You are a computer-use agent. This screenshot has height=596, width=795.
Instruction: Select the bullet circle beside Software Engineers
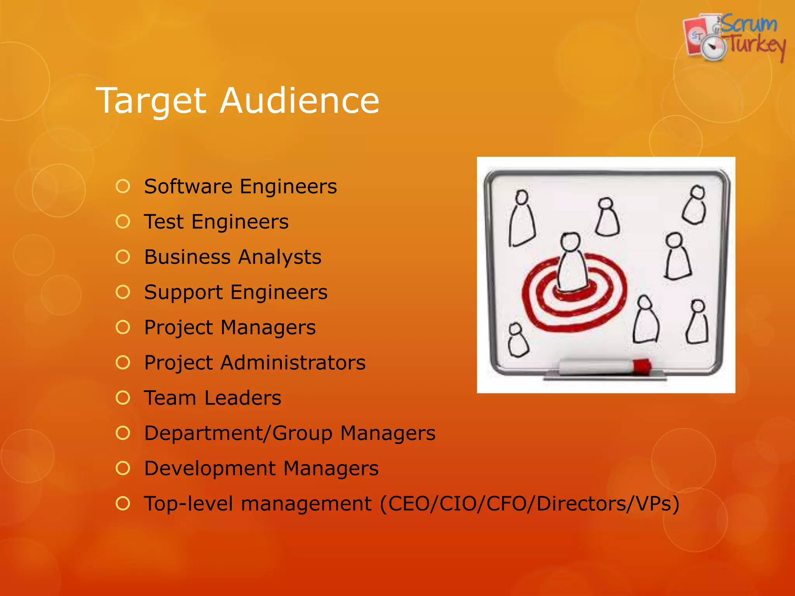(123, 186)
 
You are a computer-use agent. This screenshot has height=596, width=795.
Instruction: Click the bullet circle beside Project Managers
(123, 327)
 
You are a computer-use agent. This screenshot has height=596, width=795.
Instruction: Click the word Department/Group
(238, 433)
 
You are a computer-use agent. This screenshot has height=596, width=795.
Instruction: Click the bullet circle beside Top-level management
(123, 504)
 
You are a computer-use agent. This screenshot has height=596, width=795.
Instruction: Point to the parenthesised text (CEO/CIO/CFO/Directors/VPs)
(529, 504)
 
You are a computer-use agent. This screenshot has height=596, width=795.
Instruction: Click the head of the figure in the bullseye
(570, 242)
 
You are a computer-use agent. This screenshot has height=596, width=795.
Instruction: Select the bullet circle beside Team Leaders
(123, 398)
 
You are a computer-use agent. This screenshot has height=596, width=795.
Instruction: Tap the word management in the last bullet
(306, 504)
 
